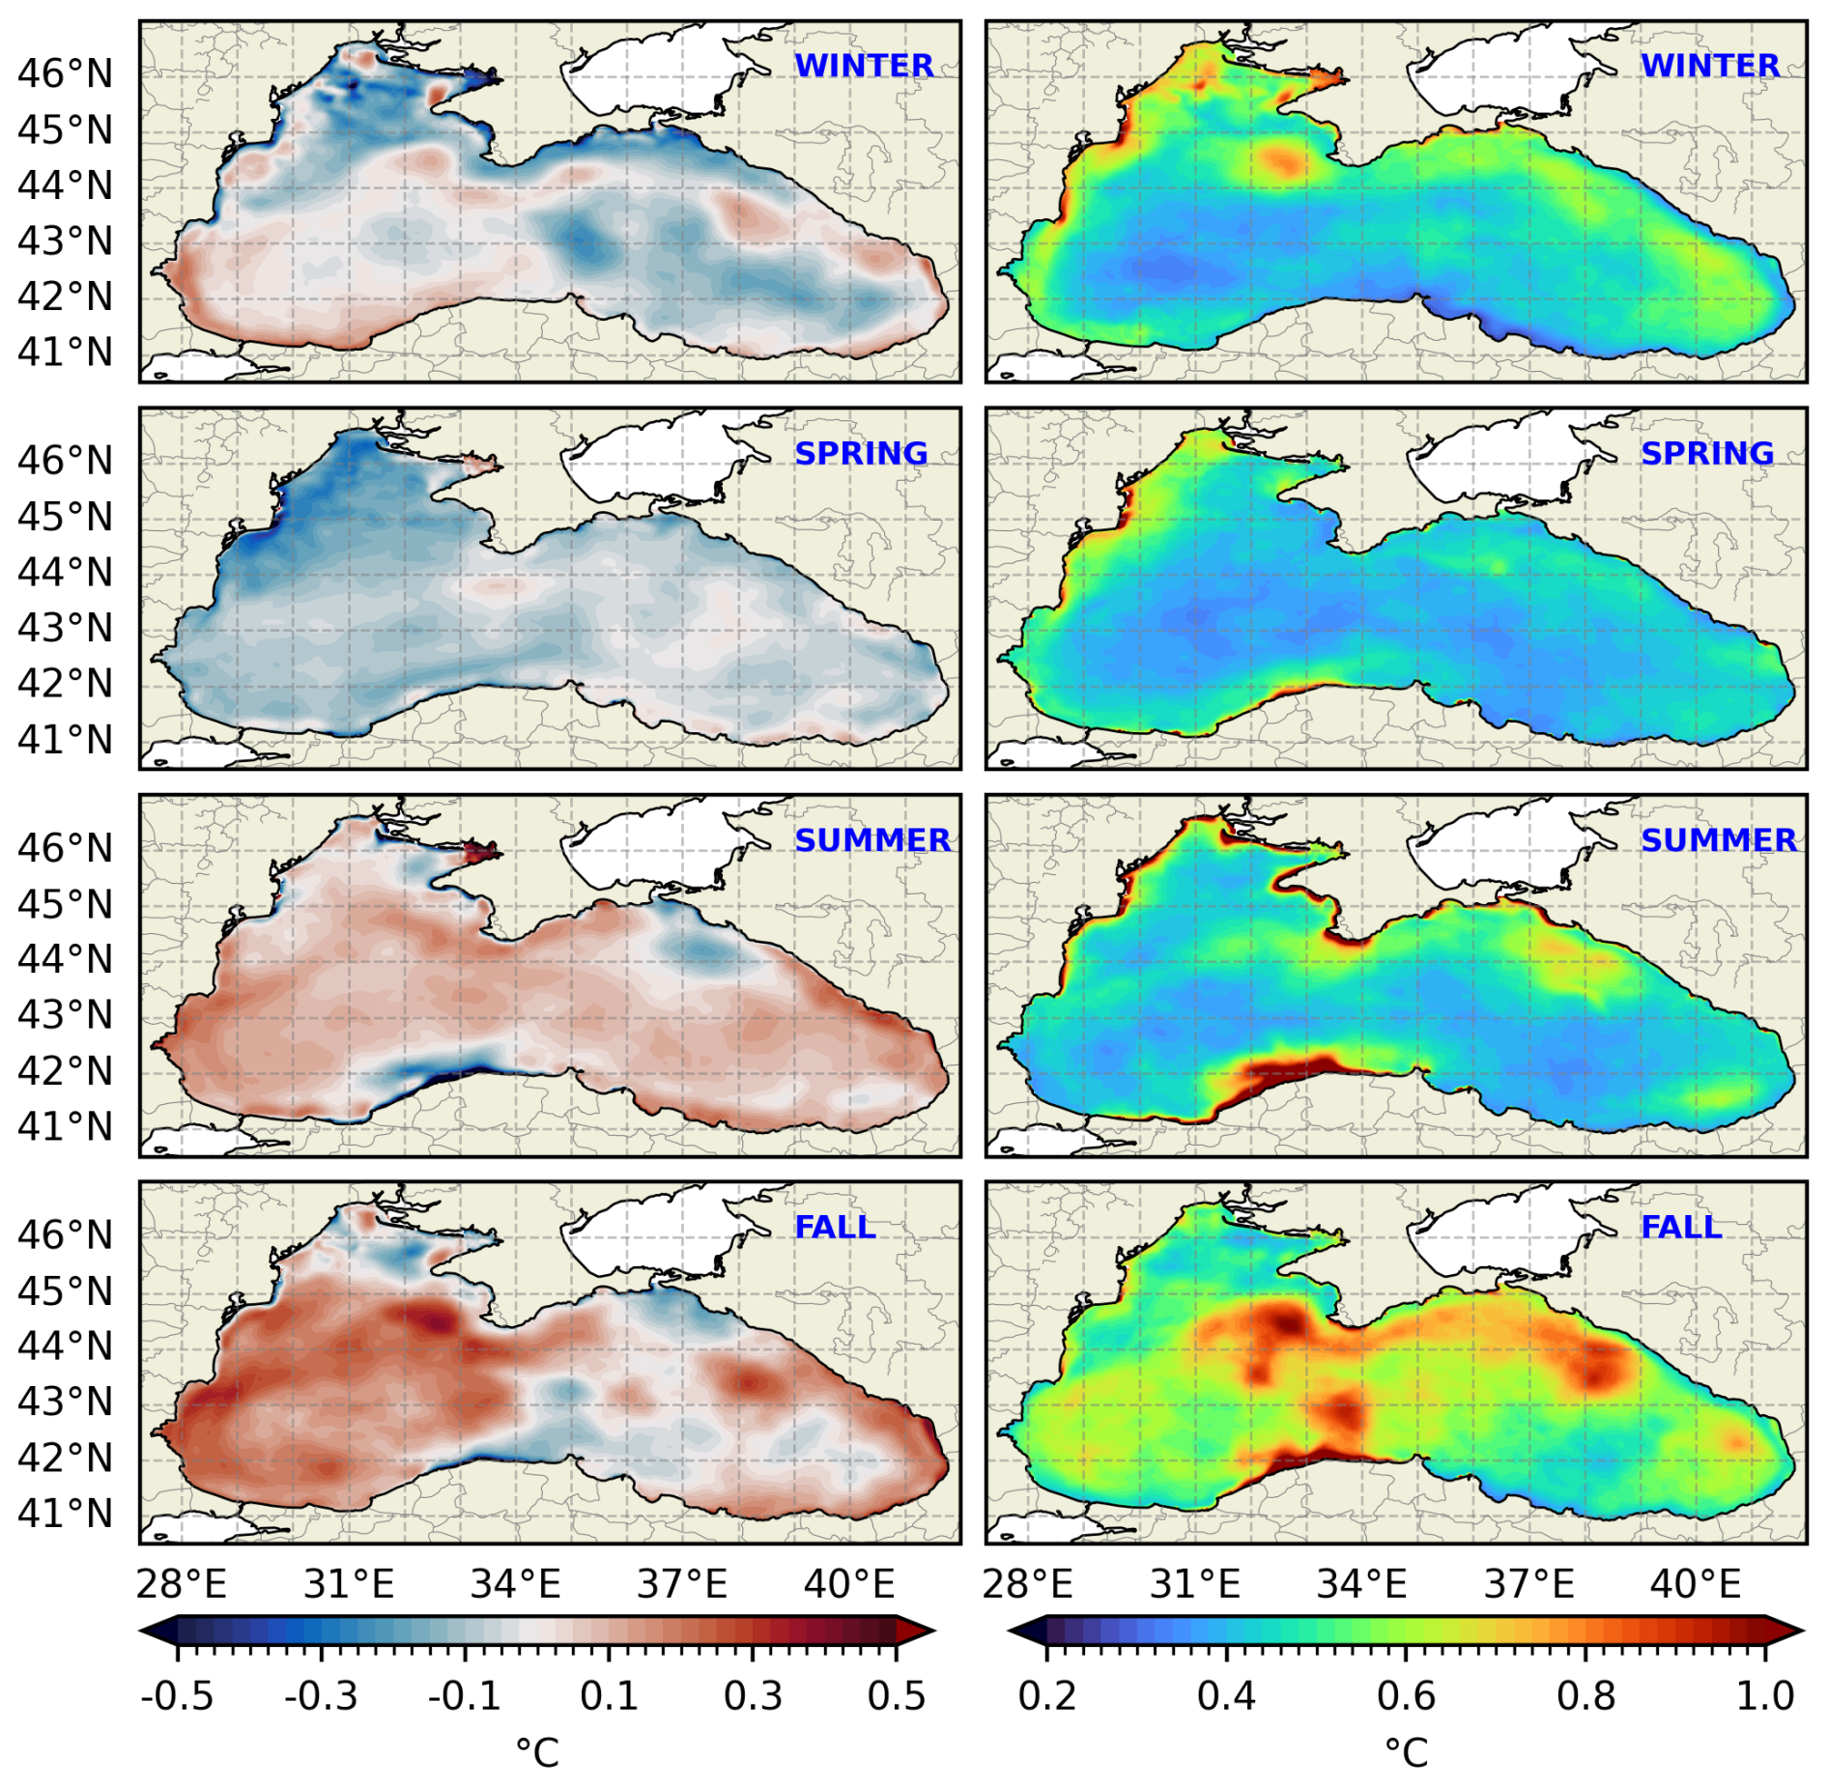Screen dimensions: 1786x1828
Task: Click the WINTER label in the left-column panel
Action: click(863, 66)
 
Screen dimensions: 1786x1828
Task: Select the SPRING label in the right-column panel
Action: click(1707, 453)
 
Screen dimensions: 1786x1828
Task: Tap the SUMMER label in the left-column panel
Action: click(872, 840)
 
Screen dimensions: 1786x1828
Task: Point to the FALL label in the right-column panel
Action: click(1681, 1227)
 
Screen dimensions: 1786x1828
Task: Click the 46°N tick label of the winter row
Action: click(65, 73)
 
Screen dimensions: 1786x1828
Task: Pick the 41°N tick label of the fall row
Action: click(65, 1513)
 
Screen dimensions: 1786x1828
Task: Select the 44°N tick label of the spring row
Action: click(65, 572)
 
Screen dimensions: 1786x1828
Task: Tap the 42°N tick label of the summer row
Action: click(65, 1070)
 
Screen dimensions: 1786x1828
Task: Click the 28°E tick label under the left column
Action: click(181, 1585)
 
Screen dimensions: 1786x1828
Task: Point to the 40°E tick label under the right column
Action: click(1696, 1585)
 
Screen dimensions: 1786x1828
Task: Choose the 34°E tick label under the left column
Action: click(515, 1585)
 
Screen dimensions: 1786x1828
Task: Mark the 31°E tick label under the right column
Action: click(1195, 1585)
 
